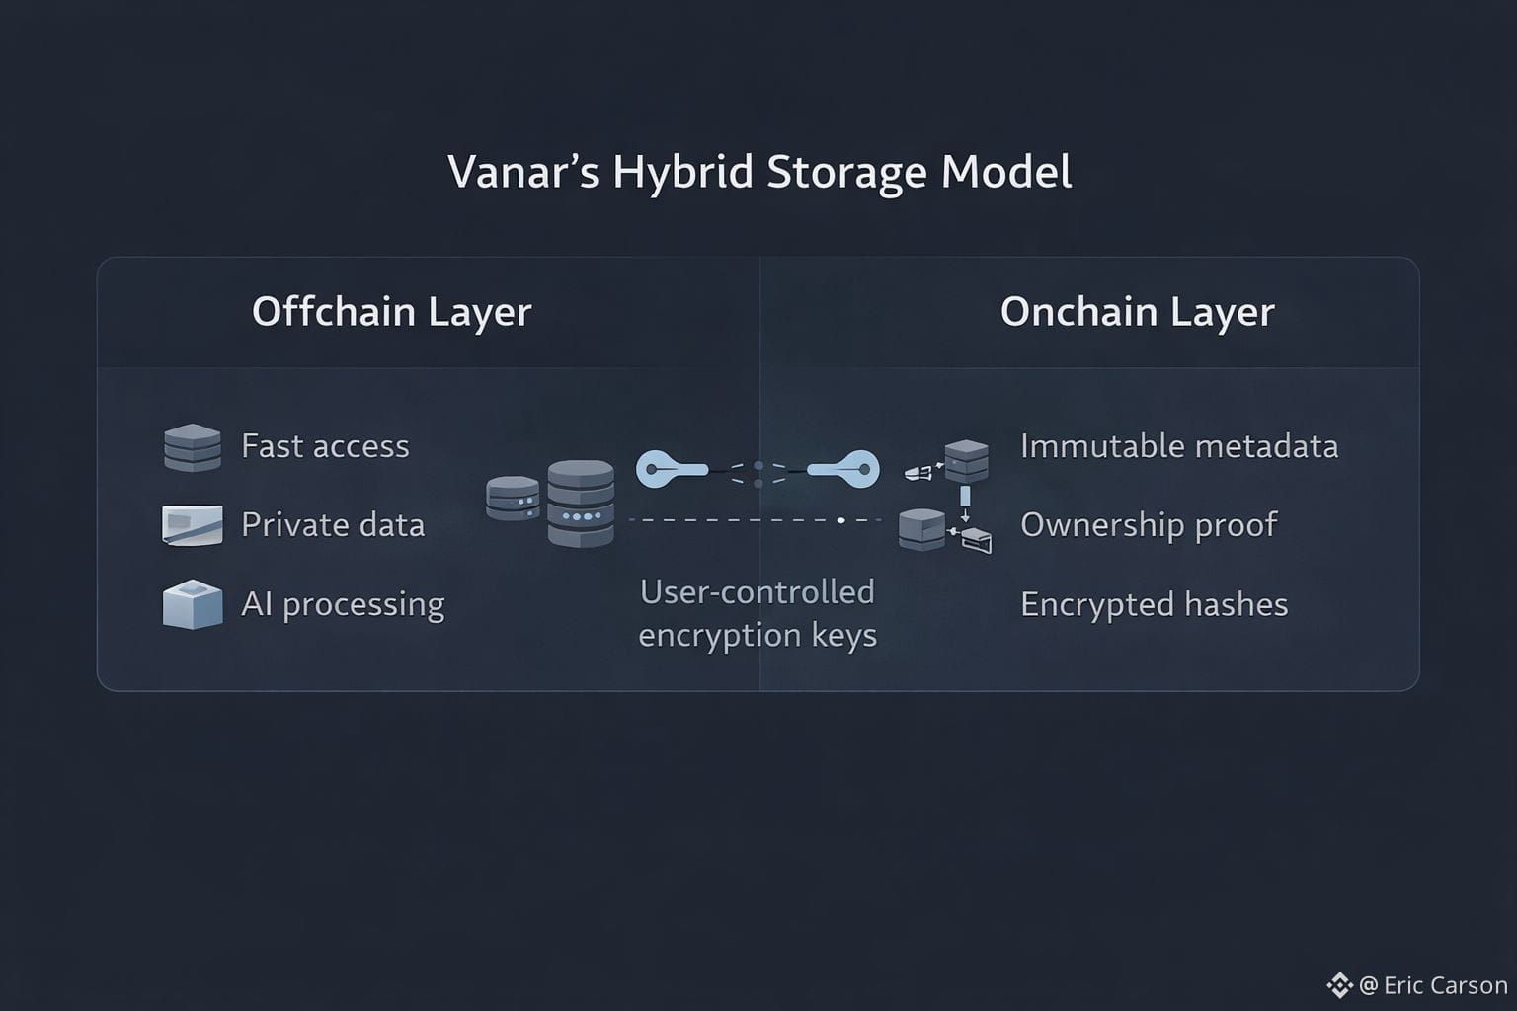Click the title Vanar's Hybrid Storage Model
pos(758,172)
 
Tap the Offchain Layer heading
pos(391,312)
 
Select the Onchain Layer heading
pos(1137,312)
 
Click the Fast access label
pos(325,446)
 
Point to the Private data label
pos(333,524)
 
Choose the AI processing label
pos(343,603)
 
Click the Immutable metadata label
pos(1179,446)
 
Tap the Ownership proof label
pos(1149,524)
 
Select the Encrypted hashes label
pos(1154,604)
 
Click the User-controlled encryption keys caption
pos(758,613)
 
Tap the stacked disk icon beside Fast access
pos(193,447)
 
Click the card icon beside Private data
pos(192,524)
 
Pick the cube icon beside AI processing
pos(192,603)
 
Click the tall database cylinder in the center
pos(581,503)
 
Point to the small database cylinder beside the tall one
pos(513,499)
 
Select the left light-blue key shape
pos(671,469)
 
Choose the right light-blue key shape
pos(844,469)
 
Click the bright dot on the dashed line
pos(840,520)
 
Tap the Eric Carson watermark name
pos(1445,985)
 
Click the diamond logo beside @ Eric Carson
pos(1339,984)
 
